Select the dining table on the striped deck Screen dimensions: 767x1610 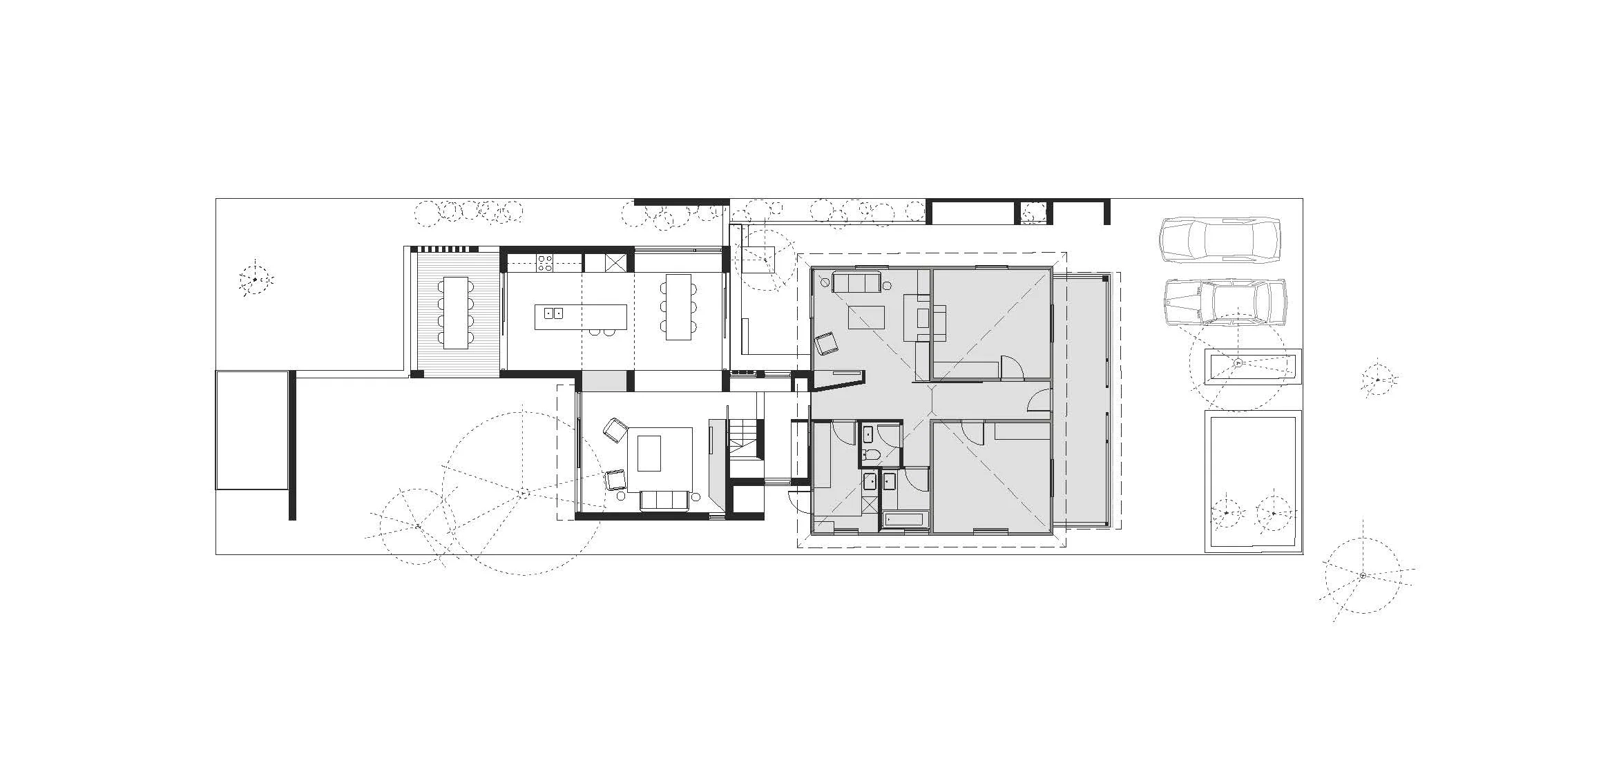point(455,312)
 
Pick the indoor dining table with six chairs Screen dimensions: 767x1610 point(678,307)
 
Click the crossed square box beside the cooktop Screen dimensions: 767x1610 point(615,262)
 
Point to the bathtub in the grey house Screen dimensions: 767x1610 point(904,521)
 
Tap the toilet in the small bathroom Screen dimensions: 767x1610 point(872,454)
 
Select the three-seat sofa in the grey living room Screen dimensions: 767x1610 point(856,282)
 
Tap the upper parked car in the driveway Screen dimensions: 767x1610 point(1219,240)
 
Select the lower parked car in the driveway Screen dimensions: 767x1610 point(1224,302)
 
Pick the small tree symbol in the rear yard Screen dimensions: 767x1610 point(255,280)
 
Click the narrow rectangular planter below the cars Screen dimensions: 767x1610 point(1254,367)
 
